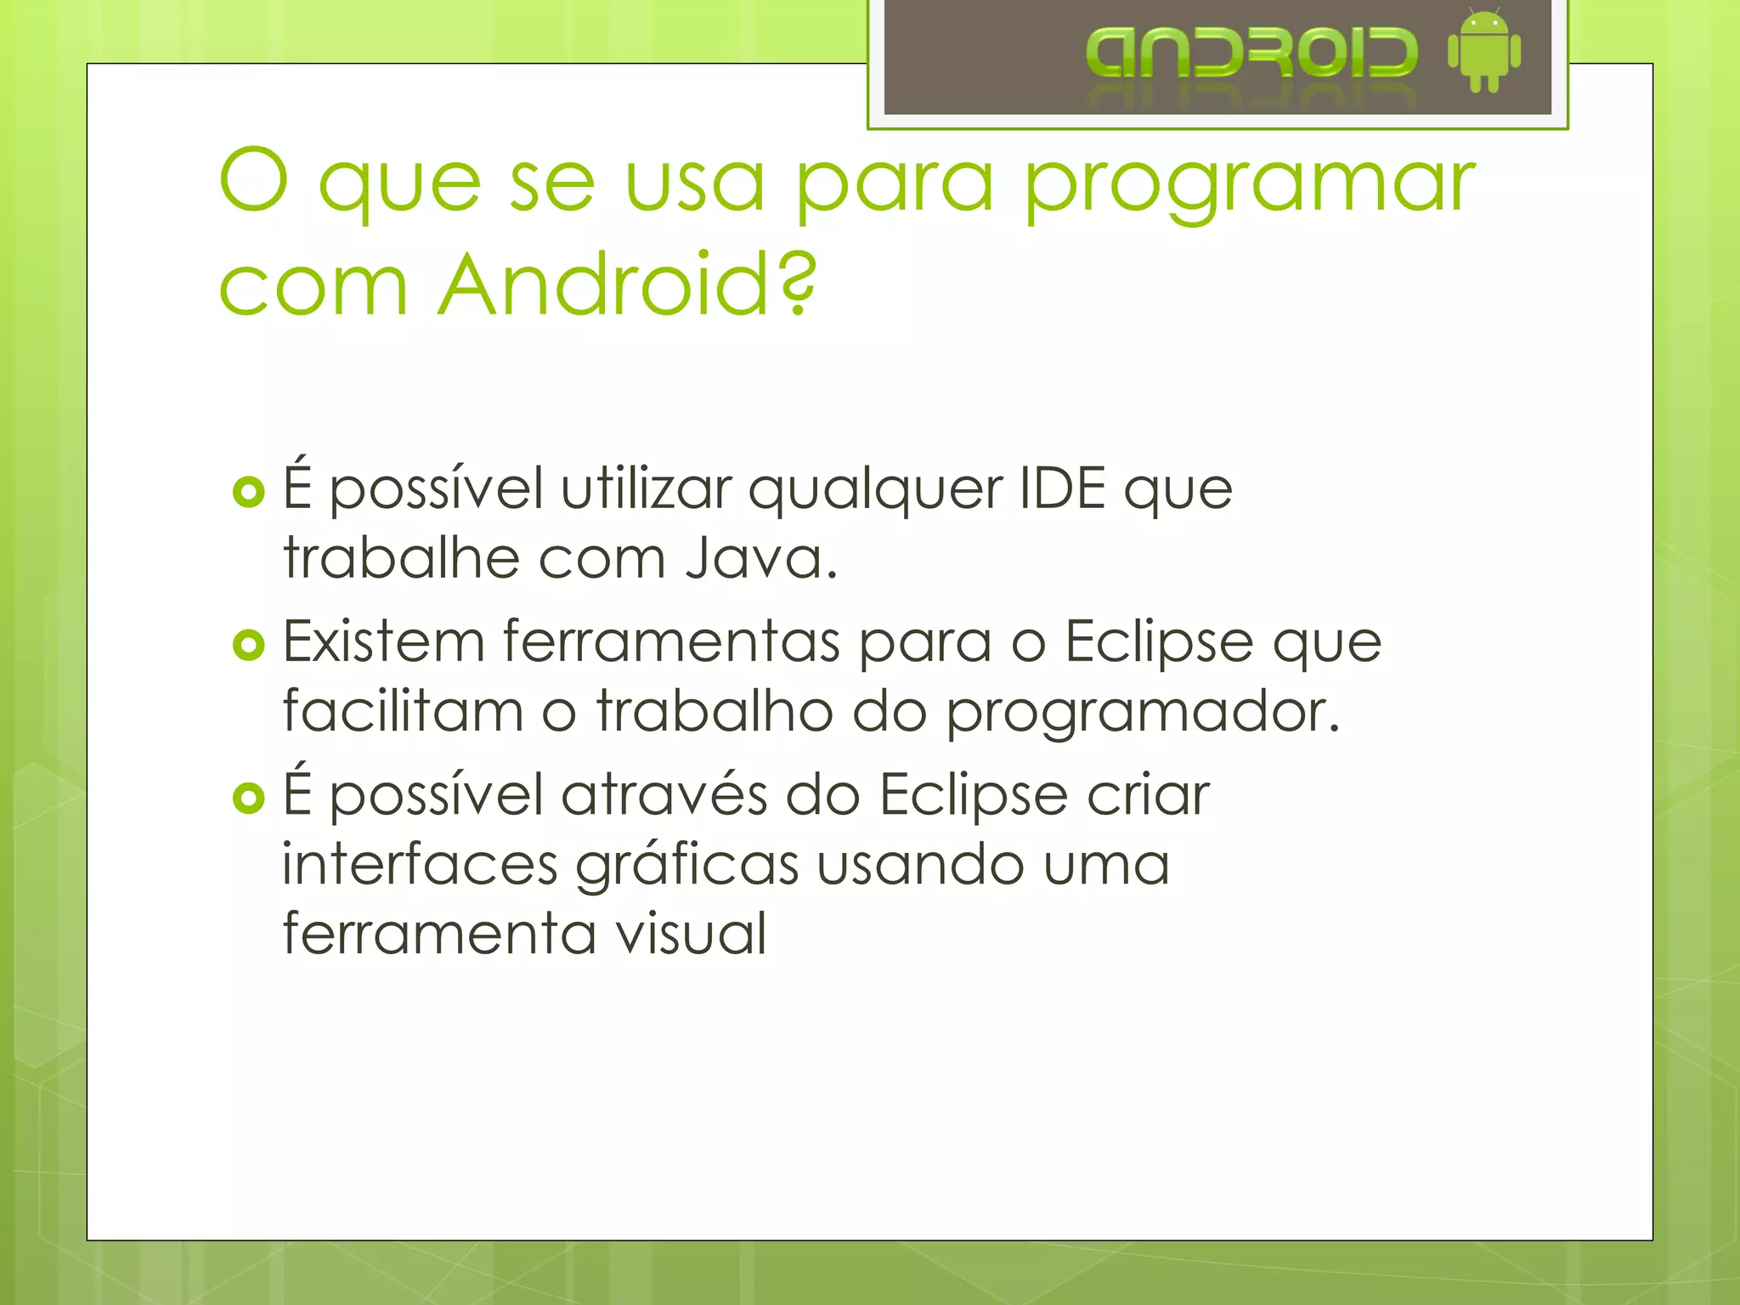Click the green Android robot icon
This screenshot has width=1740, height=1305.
(x=1483, y=52)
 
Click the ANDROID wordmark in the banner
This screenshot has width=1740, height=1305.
(x=1251, y=53)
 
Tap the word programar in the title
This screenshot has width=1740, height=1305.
(x=1250, y=184)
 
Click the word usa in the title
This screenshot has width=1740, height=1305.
(x=694, y=182)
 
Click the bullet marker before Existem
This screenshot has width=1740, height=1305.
(x=249, y=646)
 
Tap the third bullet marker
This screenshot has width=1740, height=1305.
(x=249, y=798)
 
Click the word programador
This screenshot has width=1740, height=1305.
(x=1143, y=712)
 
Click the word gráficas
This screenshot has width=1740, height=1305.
(x=687, y=866)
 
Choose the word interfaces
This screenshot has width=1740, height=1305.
(x=420, y=864)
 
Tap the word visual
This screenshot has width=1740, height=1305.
(x=691, y=933)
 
